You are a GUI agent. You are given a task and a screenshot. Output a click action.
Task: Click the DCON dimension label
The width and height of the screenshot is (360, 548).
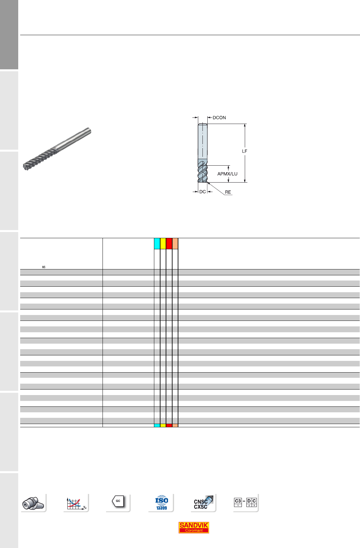click(219, 118)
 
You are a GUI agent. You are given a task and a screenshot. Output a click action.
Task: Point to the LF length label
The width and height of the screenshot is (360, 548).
click(244, 151)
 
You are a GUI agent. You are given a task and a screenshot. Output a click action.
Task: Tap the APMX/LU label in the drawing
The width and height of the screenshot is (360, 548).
click(227, 174)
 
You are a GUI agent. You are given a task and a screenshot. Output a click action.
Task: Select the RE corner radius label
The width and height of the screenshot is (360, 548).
click(228, 192)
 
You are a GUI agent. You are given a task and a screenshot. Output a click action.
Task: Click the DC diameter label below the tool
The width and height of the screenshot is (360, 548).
click(202, 192)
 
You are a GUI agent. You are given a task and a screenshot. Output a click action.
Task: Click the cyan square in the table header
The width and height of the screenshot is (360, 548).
click(157, 244)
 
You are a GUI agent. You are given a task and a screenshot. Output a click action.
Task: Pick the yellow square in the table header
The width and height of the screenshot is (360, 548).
click(163, 244)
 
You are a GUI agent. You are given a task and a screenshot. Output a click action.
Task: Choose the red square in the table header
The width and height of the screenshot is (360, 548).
click(169, 244)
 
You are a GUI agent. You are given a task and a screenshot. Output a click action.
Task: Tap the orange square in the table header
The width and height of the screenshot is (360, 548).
click(175, 244)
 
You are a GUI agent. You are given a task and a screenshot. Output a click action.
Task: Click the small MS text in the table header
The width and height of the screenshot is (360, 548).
click(44, 267)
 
